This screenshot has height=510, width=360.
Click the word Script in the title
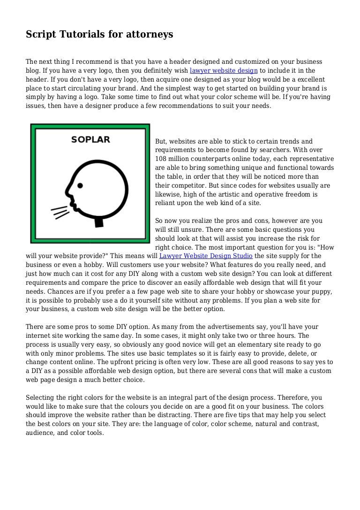pos(41,34)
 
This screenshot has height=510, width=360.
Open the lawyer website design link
pos(224,71)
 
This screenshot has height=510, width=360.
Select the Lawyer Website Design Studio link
pos(206,256)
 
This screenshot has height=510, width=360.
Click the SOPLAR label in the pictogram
pos(90,139)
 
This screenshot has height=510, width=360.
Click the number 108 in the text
pos(161,159)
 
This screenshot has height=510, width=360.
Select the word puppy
pos(322,291)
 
